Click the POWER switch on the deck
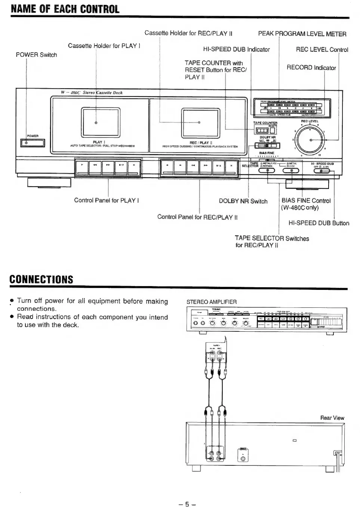[33, 143]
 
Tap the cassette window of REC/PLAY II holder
[199, 122]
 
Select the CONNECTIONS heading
[41, 279]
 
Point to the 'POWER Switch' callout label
[36, 55]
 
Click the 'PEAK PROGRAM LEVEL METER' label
[302, 34]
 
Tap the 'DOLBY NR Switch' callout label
[243, 201]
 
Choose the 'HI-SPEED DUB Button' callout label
[319, 223]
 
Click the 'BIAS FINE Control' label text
[306, 201]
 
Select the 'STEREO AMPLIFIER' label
[211, 302]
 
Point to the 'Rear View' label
[332, 418]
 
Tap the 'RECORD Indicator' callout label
[311, 68]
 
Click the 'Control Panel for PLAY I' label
[107, 200]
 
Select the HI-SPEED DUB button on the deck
[322, 171]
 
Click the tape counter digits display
[262, 130]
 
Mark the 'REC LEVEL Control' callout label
[322, 50]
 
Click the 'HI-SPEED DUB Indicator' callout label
[236, 49]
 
